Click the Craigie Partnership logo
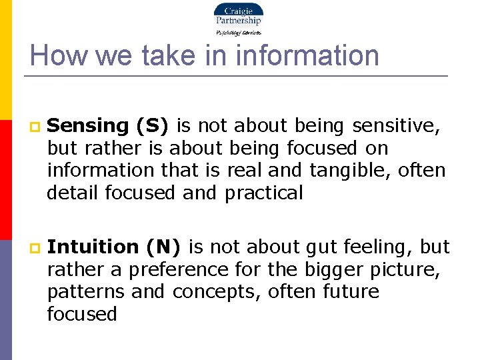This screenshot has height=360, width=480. coord(238,19)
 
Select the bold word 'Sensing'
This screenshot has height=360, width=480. coord(88,126)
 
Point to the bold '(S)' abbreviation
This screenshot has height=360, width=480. coord(153,125)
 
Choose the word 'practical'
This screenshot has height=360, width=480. coord(264,193)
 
